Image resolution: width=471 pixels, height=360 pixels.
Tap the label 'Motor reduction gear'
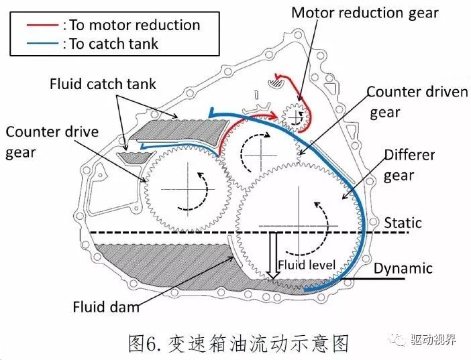(366, 12)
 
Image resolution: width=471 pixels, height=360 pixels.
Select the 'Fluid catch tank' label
(103, 84)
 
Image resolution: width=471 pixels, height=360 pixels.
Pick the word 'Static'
(403, 222)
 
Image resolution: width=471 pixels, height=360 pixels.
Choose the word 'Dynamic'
(403, 268)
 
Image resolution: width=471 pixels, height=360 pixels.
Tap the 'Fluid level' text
(307, 265)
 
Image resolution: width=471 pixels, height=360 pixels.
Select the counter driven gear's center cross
(258, 153)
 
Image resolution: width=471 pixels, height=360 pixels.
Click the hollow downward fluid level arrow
(273, 254)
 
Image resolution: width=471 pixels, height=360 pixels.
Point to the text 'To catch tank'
(113, 44)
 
